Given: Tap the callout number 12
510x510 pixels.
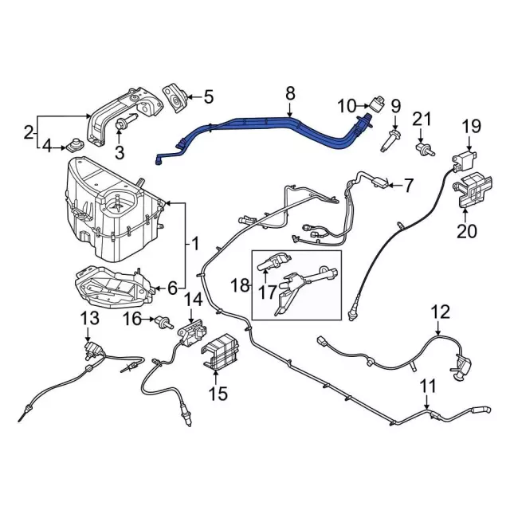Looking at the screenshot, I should click(x=440, y=312).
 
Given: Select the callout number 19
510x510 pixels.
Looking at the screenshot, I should click(x=472, y=126).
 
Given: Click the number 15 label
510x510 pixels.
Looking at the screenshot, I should click(x=218, y=393).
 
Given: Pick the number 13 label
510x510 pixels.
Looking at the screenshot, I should click(x=90, y=319).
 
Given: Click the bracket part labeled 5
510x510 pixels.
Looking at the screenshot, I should click(x=174, y=96).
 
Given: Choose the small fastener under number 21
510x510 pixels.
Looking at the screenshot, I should click(x=423, y=148).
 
